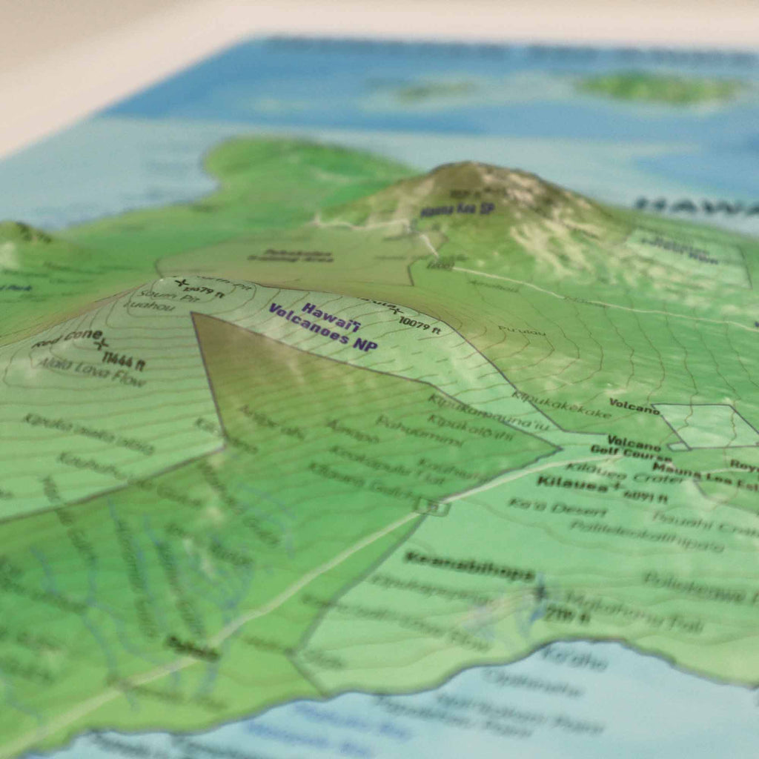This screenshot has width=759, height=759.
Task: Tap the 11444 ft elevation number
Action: coord(124,361)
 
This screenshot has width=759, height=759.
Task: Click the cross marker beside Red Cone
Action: coord(102,342)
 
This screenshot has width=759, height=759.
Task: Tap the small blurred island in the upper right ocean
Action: coord(660,87)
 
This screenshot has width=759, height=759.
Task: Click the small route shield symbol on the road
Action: coord(432,507)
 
